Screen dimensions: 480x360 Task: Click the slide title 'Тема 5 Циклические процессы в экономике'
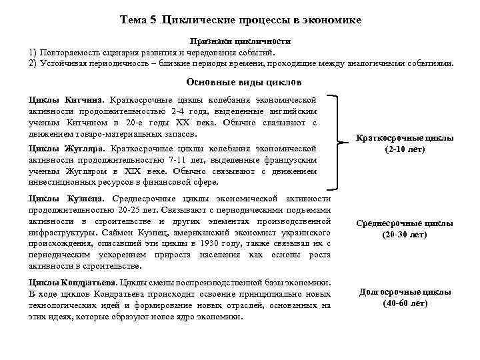coord(241,20)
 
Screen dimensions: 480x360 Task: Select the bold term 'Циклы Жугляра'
coord(67,148)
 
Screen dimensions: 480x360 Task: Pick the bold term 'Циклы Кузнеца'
coord(67,199)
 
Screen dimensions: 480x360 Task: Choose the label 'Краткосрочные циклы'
coord(405,138)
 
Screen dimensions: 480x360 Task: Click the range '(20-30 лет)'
coord(405,235)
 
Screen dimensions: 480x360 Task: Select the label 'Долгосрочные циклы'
coord(405,292)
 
